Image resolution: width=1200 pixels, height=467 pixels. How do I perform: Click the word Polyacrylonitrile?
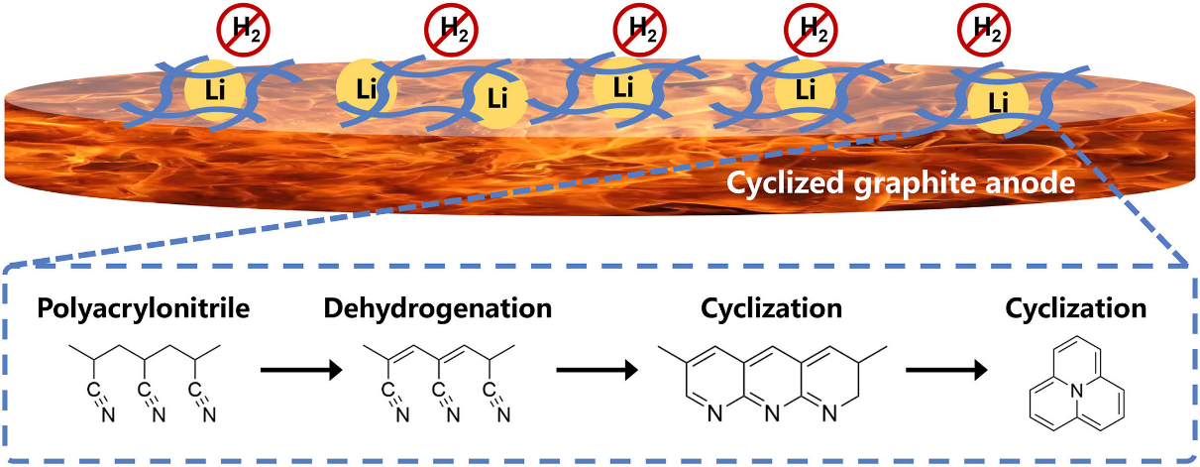pyautogui.click(x=143, y=308)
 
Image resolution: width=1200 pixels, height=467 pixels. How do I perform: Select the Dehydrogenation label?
pyautogui.click(x=438, y=308)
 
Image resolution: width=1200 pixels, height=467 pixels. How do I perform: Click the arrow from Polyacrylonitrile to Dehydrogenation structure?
pyautogui.click(x=301, y=370)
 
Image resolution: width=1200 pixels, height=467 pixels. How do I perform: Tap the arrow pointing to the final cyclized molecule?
pyautogui.click(x=946, y=370)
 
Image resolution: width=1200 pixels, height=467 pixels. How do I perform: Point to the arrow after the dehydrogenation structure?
pyautogui.click(x=597, y=370)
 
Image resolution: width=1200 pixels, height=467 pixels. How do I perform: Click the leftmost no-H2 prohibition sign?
pyautogui.click(x=243, y=30)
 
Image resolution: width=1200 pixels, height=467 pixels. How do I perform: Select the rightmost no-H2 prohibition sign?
pyautogui.click(x=984, y=30)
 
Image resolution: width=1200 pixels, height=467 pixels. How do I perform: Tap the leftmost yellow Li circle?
pyautogui.click(x=214, y=90)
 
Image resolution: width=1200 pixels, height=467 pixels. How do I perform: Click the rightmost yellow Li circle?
pyautogui.click(x=998, y=103)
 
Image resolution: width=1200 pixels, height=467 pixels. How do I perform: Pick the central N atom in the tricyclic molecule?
pyautogui.click(x=1076, y=393)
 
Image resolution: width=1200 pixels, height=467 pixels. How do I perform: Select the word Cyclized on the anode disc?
pyautogui.click(x=786, y=183)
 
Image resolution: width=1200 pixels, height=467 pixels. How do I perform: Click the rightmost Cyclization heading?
pyautogui.click(x=1076, y=308)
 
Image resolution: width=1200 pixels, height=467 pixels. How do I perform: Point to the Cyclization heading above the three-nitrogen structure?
pyautogui.click(x=771, y=308)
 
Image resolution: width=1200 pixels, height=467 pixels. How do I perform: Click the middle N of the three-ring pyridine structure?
pyautogui.click(x=771, y=412)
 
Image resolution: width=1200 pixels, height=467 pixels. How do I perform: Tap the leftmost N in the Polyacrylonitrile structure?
pyautogui.click(x=108, y=414)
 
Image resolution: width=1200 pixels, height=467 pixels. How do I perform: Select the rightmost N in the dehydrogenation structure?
pyautogui.click(x=503, y=414)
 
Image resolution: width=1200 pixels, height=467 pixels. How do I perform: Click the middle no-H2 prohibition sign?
pyautogui.click(x=640, y=30)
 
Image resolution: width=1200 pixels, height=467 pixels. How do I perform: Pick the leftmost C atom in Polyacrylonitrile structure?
pyautogui.click(x=92, y=390)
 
